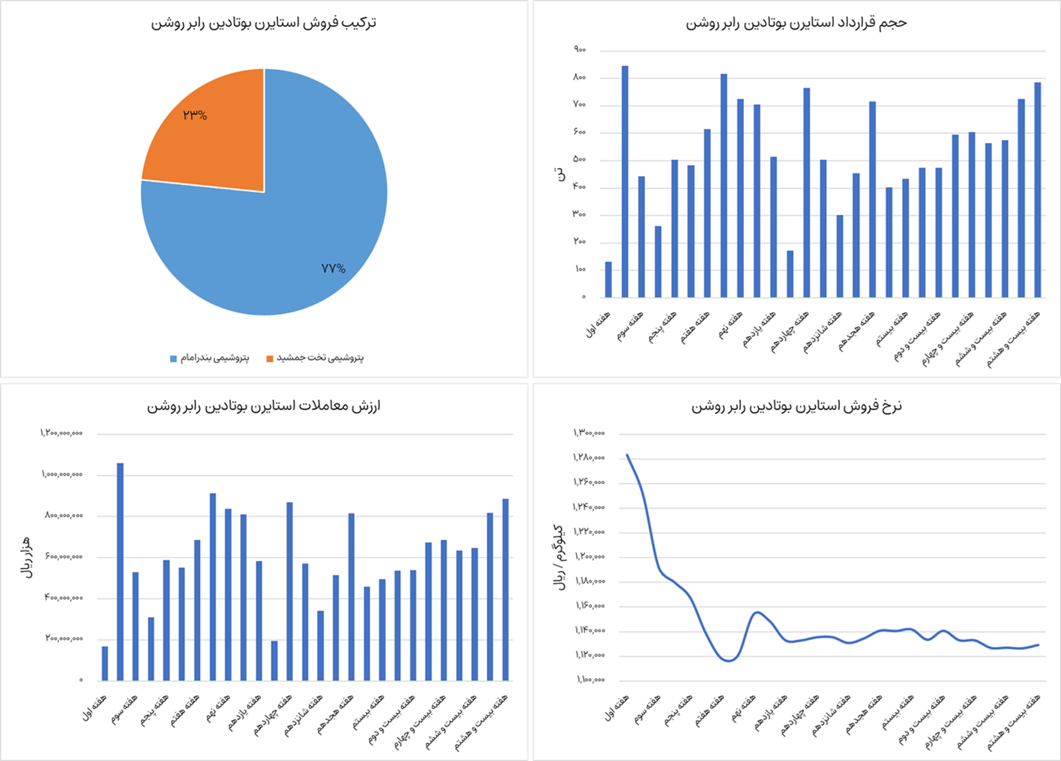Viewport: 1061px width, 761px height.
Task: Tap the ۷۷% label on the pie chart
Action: pyautogui.click(x=333, y=269)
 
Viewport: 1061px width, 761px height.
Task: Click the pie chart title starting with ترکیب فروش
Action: pyautogui.click(x=263, y=22)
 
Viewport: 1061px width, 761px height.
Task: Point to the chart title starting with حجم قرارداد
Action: pyautogui.click(x=796, y=22)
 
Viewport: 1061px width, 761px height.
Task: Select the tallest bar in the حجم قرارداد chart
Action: pyautogui.click(x=625, y=181)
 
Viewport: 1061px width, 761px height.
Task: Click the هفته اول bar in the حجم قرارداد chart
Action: pyautogui.click(x=608, y=280)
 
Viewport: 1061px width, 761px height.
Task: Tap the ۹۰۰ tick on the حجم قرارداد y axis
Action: pyautogui.click(x=579, y=50)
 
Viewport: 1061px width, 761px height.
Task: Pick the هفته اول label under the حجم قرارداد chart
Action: pyautogui.click(x=599, y=324)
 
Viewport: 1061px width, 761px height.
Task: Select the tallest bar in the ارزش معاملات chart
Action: pyautogui.click(x=120, y=571)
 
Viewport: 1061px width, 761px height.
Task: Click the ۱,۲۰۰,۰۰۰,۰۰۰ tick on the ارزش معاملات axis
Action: pyautogui.click(x=61, y=433)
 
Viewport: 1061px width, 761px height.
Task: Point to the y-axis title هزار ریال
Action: pyautogui.click(x=27, y=556)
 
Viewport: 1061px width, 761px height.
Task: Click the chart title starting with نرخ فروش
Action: pyautogui.click(x=796, y=406)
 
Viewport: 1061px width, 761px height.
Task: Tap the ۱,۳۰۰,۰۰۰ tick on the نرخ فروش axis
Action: pyautogui.click(x=589, y=433)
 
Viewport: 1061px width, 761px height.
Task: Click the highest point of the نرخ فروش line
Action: pyautogui.click(x=627, y=455)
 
